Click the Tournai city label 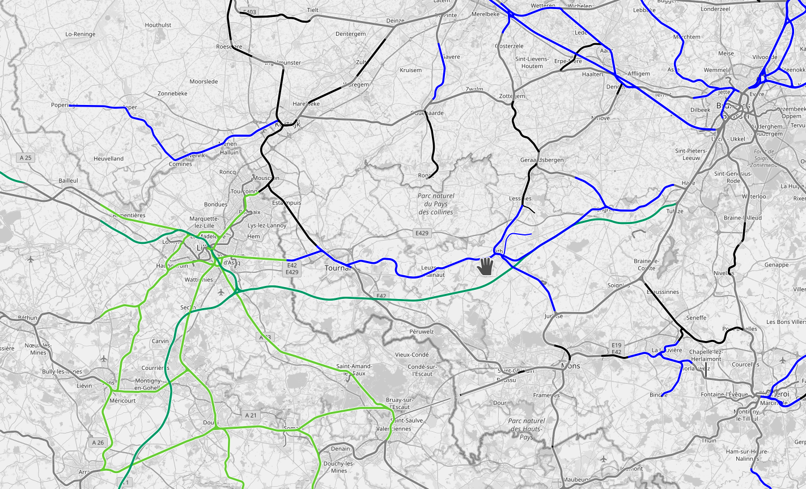coord(338,268)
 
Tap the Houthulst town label coord(158,25)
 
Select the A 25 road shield coord(26,158)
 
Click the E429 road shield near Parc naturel coord(422,233)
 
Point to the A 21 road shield coord(251,415)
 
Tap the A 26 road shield coord(97,442)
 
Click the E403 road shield coord(248,12)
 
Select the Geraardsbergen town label coord(542,160)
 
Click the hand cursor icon coord(485,265)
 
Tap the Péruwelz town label coord(421,331)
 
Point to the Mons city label coord(570,366)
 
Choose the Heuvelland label coord(108,158)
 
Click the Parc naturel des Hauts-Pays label coord(527,429)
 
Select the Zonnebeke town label coord(172,93)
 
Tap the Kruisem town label coord(411,70)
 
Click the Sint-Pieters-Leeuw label coord(691,154)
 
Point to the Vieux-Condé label coord(412,355)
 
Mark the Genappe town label coord(777,264)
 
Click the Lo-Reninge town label coord(80,34)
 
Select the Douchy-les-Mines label coord(339,467)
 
